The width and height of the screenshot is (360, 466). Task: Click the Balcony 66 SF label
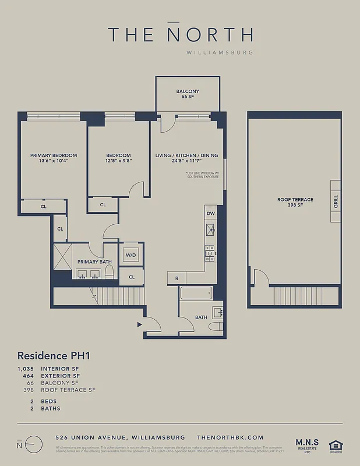[x=188, y=94]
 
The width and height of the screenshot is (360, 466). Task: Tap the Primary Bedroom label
[x=54, y=158]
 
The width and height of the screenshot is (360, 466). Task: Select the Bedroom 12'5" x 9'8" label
[x=119, y=158]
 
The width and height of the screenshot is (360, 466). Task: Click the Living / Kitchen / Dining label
[x=186, y=158]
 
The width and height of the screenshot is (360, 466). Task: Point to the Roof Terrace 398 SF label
[x=295, y=202]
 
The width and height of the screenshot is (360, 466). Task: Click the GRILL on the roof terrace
[x=336, y=202]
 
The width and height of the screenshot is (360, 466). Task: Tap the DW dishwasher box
[x=210, y=214]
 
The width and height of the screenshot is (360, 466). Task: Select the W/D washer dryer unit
[x=130, y=255]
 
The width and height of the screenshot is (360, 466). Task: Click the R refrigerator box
[x=177, y=278]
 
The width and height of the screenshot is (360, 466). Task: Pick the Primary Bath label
[x=94, y=262]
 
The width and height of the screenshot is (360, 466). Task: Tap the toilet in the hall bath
[x=216, y=326]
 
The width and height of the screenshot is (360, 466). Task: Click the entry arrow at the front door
[x=139, y=324]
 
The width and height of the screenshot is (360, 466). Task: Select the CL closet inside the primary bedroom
[x=44, y=206]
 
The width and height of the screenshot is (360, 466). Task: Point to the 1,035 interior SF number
[x=27, y=369]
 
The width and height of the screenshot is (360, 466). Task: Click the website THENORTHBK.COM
[x=230, y=437]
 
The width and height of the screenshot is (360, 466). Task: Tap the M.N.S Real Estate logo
[x=306, y=440]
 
